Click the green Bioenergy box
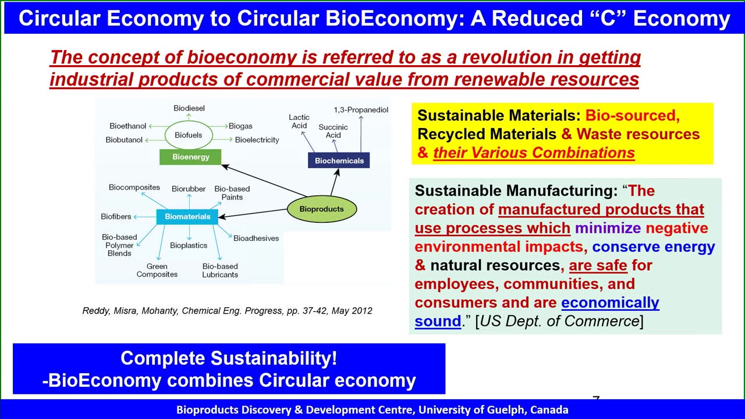point(190,157)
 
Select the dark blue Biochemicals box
point(339,160)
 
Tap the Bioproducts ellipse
point(322,209)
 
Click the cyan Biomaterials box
point(187,216)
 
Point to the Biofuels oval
point(189,135)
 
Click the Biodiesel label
point(189,108)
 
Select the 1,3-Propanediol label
point(361,110)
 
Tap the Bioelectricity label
point(257,140)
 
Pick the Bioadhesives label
point(256,238)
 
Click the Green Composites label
point(157,271)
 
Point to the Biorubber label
point(189,189)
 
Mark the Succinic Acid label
point(333,131)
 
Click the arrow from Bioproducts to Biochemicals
point(335,182)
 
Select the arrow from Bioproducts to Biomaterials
point(253,213)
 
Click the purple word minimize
point(608,228)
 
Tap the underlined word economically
point(611,303)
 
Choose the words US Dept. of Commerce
point(560,321)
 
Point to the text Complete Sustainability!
point(229,358)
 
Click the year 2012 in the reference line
point(361,311)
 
